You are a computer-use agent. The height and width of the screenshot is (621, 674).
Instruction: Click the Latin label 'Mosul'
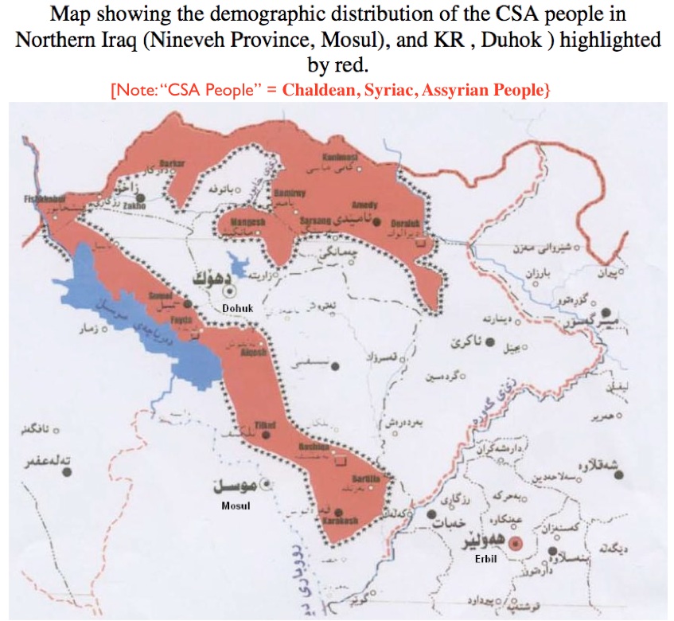point(236,506)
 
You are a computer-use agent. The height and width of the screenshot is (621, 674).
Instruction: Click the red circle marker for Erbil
point(515,545)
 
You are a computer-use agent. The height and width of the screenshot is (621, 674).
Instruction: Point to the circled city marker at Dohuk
point(226,291)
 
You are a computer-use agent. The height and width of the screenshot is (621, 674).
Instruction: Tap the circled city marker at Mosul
point(267,483)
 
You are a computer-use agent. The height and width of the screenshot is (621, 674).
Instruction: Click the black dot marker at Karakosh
point(340,514)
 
